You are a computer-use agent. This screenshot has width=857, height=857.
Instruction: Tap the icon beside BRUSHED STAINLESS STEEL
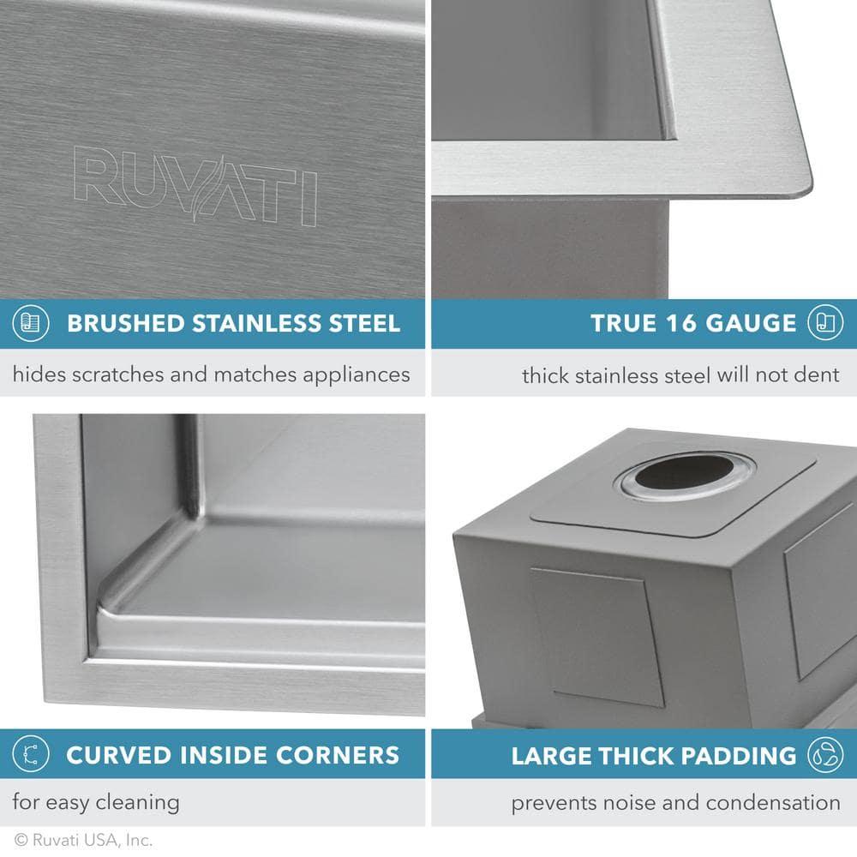tap(30, 323)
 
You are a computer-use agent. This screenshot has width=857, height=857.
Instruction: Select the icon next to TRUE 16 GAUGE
tap(824, 323)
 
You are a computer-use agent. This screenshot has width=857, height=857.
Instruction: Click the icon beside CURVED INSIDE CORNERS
tap(30, 755)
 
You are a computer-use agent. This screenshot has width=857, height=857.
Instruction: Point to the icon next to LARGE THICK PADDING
tap(824, 755)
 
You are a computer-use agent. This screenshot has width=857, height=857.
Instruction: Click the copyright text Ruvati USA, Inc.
tap(84, 841)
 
